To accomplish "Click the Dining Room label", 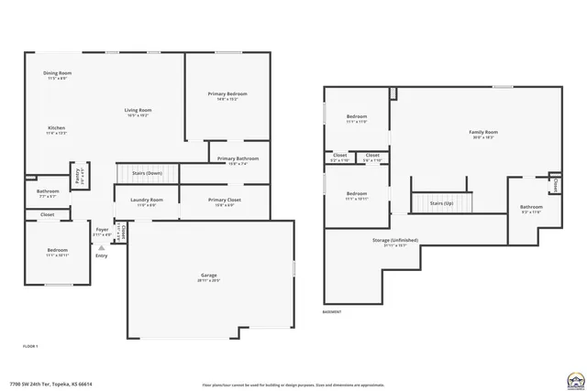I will pyautogui.click(x=59, y=73).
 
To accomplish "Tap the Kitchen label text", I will pyautogui.click(x=56, y=128).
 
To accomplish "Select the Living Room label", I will pyautogui.click(x=138, y=111).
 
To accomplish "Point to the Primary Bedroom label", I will pyautogui.click(x=227, y=94).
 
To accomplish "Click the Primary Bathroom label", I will pyautogui.click(x=238, y=159).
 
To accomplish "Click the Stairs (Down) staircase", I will pyautogui.click(x=147, y=172).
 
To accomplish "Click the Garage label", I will pyautogui.click(x=209, y=275).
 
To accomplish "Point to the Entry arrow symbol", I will pyautogui.click(x=101, y=247).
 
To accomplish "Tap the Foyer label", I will pyautogui.click(x=102, y=230).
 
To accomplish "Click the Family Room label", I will pyautogui.click(x=482, y=134).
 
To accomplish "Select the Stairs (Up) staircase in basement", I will pyautogui.click(x=442, y=202).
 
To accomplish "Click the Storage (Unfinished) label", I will pyautogui.click(x=395, y=241).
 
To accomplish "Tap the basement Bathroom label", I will pyautogui.click(x=531, y=208).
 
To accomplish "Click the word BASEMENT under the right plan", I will pyautogui.click(x=333, y=312).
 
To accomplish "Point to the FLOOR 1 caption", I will pyautogui.click(x=30, y=346).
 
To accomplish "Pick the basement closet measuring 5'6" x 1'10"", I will pyautogui.click(x=372, y=157).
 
